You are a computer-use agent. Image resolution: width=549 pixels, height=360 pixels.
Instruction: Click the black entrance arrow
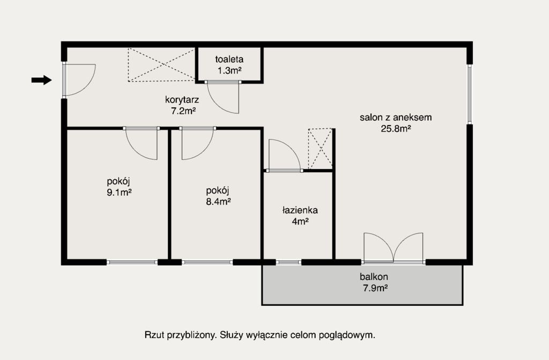42,80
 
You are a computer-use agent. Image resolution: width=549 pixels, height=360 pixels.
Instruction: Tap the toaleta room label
229,59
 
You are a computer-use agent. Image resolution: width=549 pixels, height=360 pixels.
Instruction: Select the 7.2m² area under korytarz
183,111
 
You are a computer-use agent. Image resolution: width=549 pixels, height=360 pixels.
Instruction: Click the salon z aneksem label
396,117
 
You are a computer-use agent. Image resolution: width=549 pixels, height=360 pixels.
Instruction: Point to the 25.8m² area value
396,129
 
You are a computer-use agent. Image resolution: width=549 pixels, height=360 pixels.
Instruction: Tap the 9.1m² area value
119,193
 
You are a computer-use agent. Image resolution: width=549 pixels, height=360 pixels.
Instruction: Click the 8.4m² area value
218,202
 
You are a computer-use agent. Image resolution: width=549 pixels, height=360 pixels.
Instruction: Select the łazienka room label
300,210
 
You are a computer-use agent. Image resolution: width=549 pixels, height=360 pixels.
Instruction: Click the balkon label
374,277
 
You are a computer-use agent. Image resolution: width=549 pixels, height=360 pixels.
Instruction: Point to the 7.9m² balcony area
374,288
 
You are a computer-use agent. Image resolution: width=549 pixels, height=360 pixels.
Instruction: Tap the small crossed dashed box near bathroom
320,149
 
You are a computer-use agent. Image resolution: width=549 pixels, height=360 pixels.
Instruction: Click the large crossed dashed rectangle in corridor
161,65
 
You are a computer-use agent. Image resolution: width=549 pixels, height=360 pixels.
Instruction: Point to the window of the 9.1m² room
132,262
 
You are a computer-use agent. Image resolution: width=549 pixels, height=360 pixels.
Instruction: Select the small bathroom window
288,262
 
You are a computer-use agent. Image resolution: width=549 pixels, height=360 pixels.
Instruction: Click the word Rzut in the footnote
154,335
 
